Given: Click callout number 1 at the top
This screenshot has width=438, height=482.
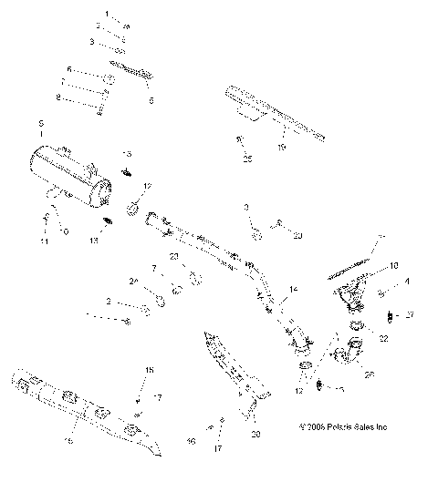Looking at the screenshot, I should click(x=106, y=15).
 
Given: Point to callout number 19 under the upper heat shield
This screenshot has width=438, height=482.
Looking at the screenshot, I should click(x=282, y=145).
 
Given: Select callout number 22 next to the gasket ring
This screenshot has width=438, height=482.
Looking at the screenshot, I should click(x=383, y=338).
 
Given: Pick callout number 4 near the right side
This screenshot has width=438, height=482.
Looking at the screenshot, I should click(x=407, y=282).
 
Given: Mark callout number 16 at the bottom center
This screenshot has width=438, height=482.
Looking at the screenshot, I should click(x=192, y=440).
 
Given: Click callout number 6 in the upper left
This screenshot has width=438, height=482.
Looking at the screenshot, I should click(x=68, y=68).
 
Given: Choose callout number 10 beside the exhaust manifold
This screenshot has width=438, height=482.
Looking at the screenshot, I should click(x=394, y=266).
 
